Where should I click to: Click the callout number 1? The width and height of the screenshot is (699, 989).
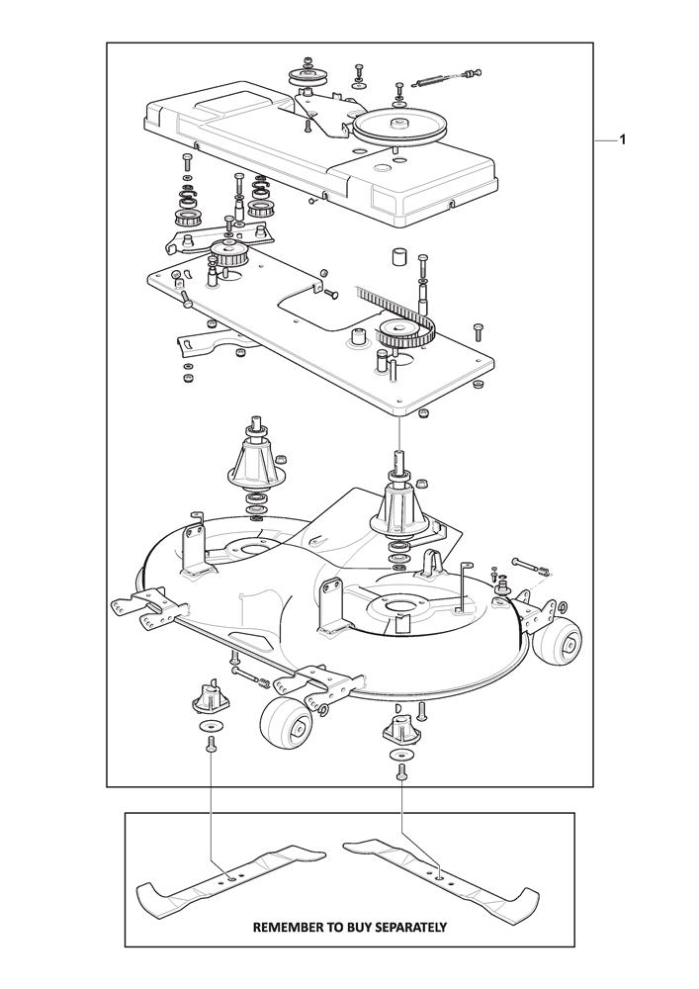tap(622, 140)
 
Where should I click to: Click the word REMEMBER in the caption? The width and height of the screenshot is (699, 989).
tap(283, 928)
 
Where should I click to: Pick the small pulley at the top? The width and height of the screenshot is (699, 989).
tap(305, 78)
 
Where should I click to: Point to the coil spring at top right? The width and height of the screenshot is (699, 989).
tap(429, 81)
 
